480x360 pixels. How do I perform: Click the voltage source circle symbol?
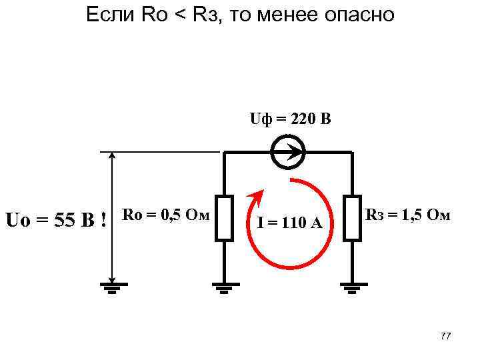(289, 153)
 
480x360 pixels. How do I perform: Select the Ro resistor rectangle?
(224, 217)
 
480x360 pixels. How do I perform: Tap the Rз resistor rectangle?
(352, 217)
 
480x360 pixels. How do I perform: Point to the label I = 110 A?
(290, 222)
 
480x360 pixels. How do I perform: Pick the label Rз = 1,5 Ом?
(407, 215)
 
